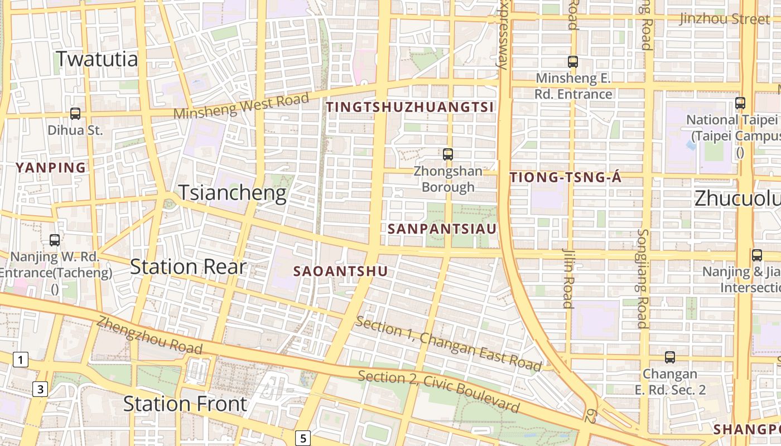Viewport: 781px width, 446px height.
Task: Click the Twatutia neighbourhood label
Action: coord(97,59)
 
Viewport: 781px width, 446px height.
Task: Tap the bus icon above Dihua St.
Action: coord(75,114)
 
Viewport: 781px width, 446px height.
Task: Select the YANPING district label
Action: coord(51,167)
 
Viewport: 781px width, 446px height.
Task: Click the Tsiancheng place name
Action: coord(232,193)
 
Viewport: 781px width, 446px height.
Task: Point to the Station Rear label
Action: coord(188,266)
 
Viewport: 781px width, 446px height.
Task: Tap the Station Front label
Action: coord(185,404)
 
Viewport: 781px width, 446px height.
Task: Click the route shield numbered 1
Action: coord(20,360)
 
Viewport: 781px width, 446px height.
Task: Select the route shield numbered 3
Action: coord(40,389)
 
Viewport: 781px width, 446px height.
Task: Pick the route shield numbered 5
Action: coord(302,438)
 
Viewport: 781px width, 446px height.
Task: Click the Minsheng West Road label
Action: coord(241,106)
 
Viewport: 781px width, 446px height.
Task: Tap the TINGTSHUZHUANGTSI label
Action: coord(410,107)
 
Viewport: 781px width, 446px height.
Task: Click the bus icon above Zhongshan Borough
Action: coord(447,154)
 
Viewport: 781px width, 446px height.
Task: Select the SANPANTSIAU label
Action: coord(442,229)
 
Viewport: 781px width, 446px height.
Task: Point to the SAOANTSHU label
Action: coord(340,272)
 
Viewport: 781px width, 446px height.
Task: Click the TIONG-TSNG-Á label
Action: coord(566,178)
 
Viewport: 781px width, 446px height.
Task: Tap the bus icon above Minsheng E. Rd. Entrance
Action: coord(573,62)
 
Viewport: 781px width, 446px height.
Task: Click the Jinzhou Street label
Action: coord(724,19)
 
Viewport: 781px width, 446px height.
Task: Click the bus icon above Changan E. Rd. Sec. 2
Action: coord(669,357)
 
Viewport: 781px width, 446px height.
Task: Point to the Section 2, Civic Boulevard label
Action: coord(438,391)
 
